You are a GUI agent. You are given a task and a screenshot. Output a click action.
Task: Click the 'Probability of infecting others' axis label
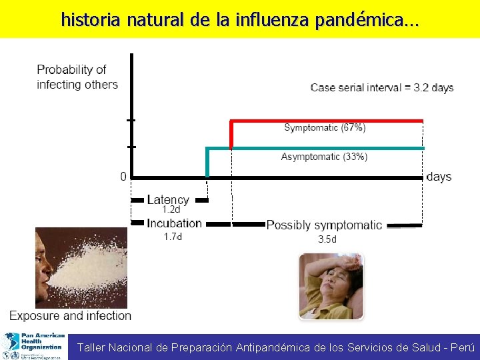(x=77, y=77)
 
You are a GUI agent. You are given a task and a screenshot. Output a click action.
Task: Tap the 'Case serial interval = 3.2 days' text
(x=382, y=88)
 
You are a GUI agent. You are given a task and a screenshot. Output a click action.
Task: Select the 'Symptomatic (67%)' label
(x=325, y=127)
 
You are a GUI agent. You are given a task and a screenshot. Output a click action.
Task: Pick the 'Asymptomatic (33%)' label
(x=324, y=157)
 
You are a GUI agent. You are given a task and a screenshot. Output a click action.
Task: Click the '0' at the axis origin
(x=123, y=177)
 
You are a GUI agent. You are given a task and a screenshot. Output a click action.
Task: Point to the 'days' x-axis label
(x=439, y=177)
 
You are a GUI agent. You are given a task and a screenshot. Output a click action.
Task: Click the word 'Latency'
(x=167, y=199)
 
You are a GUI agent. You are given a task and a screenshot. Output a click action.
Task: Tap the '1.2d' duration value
(x=171, y=209)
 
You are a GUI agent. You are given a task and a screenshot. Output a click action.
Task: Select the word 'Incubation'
(x=174, y=223)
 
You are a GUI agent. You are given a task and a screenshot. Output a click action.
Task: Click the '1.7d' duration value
(x=173, y=236)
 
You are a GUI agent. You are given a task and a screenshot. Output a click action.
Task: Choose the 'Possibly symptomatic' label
(x=324, y=225)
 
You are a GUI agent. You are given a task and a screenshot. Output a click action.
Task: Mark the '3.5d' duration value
(x=327, y=239)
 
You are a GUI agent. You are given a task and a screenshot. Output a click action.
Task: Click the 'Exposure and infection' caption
(x=70, y=315)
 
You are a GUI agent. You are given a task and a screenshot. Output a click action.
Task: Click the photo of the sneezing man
(x=80, y=267)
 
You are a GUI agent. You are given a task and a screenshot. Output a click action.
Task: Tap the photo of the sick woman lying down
(x=331, y=286)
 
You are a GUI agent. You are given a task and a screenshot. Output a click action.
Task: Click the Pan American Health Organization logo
(x=33, y=346)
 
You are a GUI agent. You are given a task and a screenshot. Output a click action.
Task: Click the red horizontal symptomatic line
(x=327, y=121)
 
